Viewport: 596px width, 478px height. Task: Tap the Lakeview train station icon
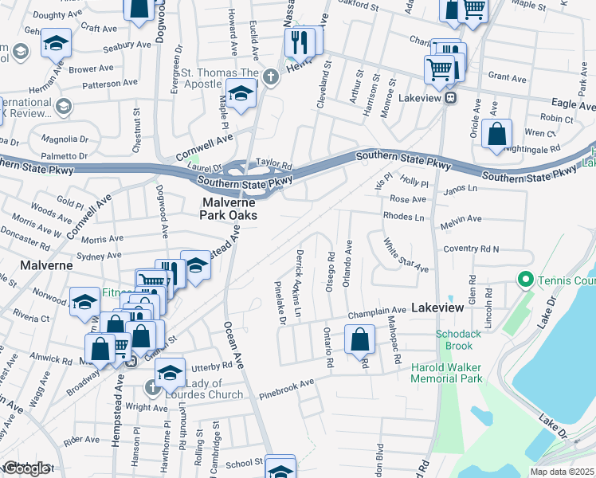[450, 98]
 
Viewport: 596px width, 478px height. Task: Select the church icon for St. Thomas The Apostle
[271, 77]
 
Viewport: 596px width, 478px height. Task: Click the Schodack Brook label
[458, 340]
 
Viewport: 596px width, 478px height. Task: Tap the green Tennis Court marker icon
[524, 280]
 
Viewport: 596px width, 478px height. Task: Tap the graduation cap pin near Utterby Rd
[169, 372]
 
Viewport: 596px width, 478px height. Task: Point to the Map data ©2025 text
[563, 472]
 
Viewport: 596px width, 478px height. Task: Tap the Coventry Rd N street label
[472, 249]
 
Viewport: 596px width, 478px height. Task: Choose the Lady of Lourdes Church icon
[152, 387]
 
